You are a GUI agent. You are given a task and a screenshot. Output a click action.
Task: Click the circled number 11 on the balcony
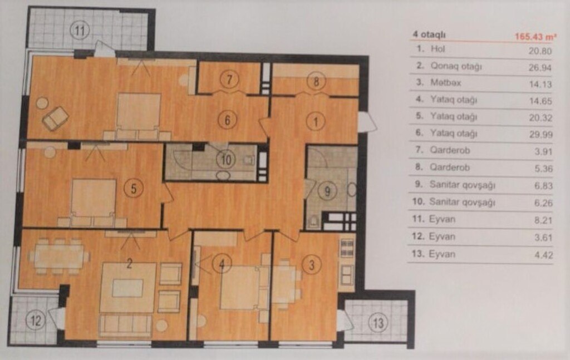tap(80, 30)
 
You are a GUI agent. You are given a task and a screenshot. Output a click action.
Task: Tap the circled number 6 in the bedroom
tap(228, 120)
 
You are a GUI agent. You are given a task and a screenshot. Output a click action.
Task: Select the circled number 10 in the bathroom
tap(226, 160)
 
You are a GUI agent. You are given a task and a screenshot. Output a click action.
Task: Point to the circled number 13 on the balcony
tap(378, 322)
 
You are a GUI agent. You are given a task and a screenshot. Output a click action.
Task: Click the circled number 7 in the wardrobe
tap(229, 79)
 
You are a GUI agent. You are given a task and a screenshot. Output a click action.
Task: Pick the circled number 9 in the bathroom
tap(327, 191)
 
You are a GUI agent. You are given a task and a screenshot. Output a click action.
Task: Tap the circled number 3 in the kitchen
tap(312, 265)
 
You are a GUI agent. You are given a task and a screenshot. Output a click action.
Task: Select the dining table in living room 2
tap(59, 256)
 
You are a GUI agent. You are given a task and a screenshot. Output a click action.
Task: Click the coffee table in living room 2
tap(127, 288)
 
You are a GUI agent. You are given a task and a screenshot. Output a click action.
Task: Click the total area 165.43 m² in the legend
tap(535, 37)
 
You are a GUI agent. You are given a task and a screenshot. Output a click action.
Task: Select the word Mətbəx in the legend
tap(446, 82)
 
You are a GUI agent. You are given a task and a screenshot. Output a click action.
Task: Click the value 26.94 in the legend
tap(540, 67)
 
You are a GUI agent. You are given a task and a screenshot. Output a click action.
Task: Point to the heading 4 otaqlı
tap(429, 35)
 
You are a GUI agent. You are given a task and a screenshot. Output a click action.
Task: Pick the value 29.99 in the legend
tap(541, 135)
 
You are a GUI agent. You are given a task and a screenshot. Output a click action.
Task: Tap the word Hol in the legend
tap(438, 48)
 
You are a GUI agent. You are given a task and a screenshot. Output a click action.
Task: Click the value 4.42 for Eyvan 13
tap(543, 255)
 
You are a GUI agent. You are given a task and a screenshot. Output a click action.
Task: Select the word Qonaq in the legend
tap(441, 66)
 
